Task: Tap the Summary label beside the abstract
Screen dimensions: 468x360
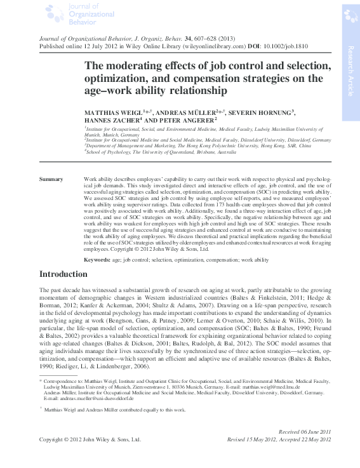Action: coord(51,180)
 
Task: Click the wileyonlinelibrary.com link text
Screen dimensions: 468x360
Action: coord(211,46)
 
